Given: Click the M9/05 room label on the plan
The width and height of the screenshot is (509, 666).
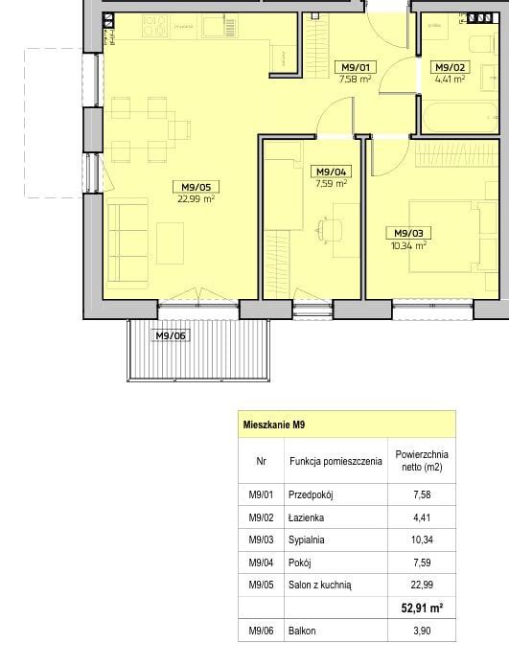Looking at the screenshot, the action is click(196, 187).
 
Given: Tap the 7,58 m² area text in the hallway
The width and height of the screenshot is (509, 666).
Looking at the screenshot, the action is click(356, 79).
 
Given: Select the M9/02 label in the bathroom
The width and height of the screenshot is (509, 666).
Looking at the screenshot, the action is click(451, 67).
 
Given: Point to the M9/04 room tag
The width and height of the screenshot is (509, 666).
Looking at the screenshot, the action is click(332, 172).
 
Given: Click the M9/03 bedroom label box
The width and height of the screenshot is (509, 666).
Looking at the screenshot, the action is click(408, 233).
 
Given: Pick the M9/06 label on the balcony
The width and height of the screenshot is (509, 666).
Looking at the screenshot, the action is click(171, 336).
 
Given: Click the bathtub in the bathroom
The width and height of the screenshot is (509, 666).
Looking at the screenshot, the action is click(460, 118).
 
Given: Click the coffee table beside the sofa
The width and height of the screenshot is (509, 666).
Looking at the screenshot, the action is click(170, 243).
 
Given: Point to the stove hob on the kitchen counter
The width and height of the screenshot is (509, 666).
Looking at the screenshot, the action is click(154, 26).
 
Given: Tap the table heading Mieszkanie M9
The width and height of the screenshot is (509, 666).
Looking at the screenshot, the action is click(274, 425).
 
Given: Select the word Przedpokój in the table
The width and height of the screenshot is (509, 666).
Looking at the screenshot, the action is click(311, 494).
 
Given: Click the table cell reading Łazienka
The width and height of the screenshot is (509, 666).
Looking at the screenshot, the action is click(306, 517).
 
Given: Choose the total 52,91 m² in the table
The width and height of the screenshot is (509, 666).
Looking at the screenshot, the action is click(422, 609).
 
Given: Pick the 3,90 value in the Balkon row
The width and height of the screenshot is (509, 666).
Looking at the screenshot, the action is click(422, 631).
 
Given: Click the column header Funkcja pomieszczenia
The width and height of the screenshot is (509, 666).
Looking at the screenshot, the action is click(335, 461).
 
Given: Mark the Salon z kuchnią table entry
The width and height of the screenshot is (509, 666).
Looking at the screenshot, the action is click(320, 586).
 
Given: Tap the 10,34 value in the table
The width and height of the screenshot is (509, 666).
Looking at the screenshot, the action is click(422, 540).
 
